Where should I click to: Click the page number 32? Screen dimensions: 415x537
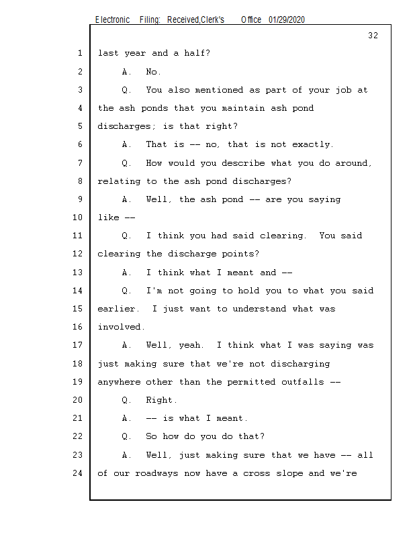pos(373,36)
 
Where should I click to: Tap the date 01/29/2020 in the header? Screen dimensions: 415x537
pos(287,20)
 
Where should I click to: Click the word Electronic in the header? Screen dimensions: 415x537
pos(112,20)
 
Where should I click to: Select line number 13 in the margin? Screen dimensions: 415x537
pos(77,273)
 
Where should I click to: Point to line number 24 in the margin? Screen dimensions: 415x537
pos(77,473)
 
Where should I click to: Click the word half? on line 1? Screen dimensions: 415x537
pos(197,53)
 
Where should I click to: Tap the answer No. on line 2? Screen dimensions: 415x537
pos(153,72)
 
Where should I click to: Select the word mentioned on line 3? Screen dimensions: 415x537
pos(219,90)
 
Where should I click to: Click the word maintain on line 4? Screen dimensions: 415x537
pos(243,108)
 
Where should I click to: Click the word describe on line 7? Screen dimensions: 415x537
pos(243,163)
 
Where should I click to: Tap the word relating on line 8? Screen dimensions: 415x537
pos(119,181)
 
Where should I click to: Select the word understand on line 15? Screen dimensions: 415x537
pos(259,309)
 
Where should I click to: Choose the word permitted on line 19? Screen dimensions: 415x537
pos(251,382)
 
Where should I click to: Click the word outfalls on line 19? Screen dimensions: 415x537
pos(303,382)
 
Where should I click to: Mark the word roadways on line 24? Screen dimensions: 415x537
pos(156,473)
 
